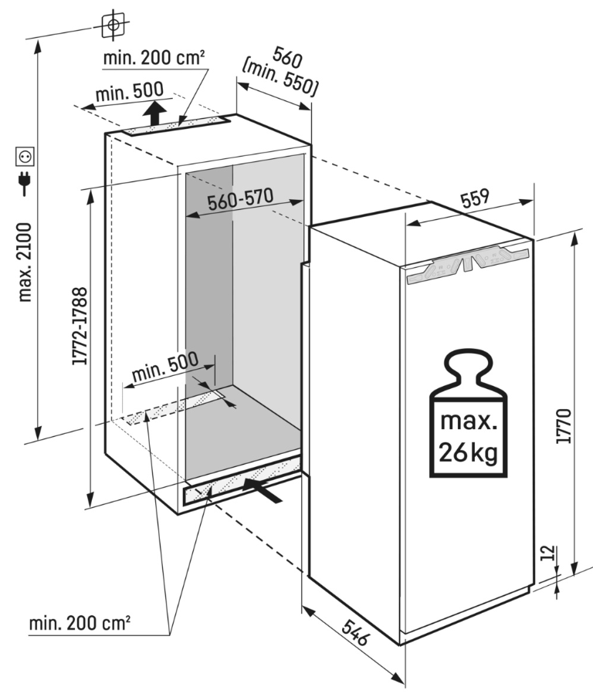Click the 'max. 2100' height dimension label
pos(25,262)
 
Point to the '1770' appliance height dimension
pos(564,424)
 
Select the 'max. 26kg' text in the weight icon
pos(469,435)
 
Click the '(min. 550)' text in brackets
pos(280,78)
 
